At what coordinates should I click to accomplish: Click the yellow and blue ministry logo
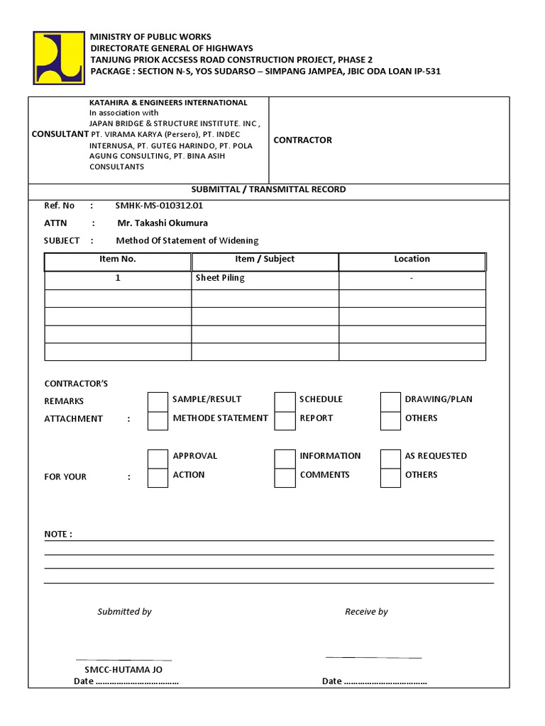58,58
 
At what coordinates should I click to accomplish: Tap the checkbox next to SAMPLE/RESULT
158,401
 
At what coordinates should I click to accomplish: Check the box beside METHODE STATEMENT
158,420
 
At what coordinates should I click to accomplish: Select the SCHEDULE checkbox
285,401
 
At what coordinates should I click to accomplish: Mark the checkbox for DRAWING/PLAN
390,401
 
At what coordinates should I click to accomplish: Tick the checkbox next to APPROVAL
158,458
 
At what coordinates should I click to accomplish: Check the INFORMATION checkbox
285,458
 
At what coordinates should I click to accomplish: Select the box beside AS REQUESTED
390,458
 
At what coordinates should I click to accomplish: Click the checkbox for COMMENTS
285,477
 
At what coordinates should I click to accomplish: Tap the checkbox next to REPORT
285,420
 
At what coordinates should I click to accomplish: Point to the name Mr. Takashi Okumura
163,223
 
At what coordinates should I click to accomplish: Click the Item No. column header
118,259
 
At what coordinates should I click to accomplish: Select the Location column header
412,259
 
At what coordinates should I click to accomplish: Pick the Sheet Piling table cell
220,279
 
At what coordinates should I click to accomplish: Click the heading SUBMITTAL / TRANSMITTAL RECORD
269,190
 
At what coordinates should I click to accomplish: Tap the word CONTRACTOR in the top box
302,140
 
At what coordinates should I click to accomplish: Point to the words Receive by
366,612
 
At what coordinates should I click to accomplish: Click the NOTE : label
58,534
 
